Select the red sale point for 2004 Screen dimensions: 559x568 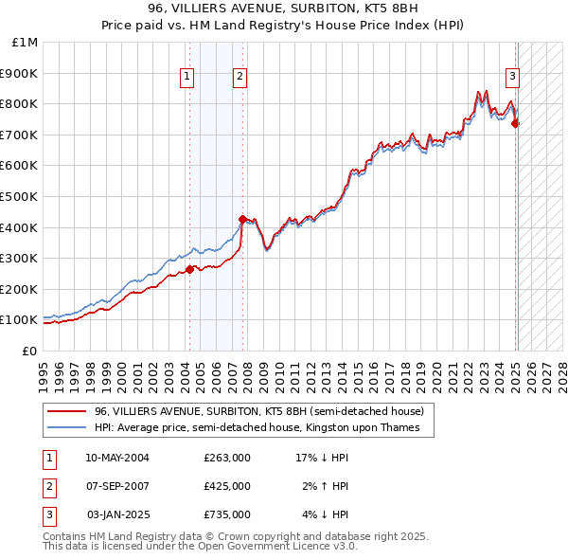click(x=189, y=269)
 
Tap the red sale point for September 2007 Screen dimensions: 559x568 click(x=242, y=219)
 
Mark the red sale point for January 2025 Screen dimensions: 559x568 click(x=516, y=122)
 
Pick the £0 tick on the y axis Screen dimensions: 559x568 click(x=30, y=351)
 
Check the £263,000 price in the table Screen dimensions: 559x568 click(x=227, y=458)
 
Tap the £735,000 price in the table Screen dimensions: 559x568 click(x=227, y=514)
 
